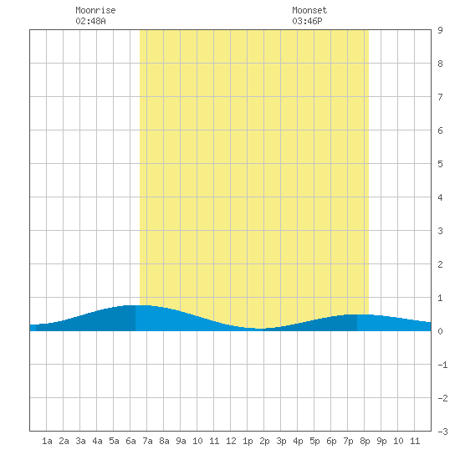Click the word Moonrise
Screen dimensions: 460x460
[95, 10]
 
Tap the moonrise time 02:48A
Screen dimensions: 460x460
[90, 21]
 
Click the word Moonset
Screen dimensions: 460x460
[309, 10]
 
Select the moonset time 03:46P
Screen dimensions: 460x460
[307, 21]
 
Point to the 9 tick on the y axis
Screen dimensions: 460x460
[440, 30]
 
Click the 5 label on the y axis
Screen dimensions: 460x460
[440, 164]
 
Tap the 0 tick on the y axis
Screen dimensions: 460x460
[440, 331]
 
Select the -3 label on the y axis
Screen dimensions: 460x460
[442, 432]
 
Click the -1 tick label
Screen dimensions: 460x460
[442, 365]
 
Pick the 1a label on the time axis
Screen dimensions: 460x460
[47, 441]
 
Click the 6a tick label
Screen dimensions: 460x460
[130, 441]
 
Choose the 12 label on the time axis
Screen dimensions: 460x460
[231, 441]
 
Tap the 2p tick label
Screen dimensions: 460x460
[264, 441]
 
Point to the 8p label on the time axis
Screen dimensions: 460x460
[365, 441]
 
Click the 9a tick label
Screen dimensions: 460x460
[181, 441]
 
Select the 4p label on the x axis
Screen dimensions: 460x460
[298, 441]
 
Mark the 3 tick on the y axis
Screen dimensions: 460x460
[440, 231]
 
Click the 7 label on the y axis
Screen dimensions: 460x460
[440, 97]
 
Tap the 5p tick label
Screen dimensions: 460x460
[314, 441]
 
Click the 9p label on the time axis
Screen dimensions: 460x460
[381, 441]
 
